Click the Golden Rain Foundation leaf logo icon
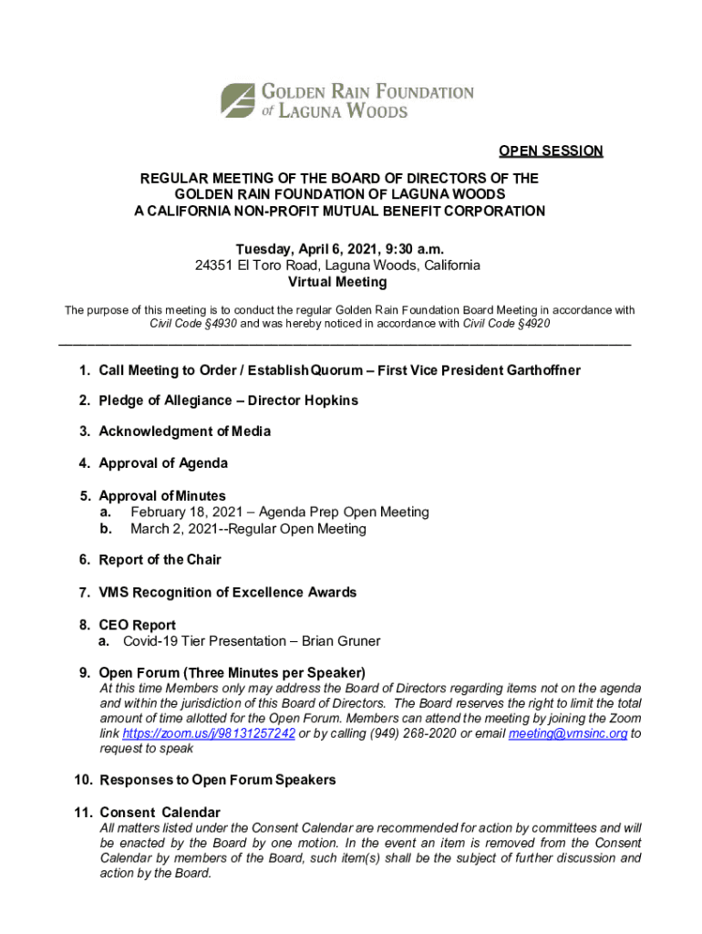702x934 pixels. tap(239, 100)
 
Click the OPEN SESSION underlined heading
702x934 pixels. tap(550, 151)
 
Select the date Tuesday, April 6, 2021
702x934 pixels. tap(309, 249)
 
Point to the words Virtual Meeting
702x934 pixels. tap(337, 283)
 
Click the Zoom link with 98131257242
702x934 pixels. tap(209, 734)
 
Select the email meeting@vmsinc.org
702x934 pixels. tap(568, 734)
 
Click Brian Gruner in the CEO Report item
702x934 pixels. tap(341, 641)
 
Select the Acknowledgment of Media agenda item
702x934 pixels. tap(184, 431)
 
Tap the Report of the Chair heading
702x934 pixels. tap(160, 560)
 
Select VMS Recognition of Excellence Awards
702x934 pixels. tap(228, 593)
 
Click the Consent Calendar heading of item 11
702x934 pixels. tap(160, 813)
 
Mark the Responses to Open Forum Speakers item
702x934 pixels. tap(217, 780)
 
